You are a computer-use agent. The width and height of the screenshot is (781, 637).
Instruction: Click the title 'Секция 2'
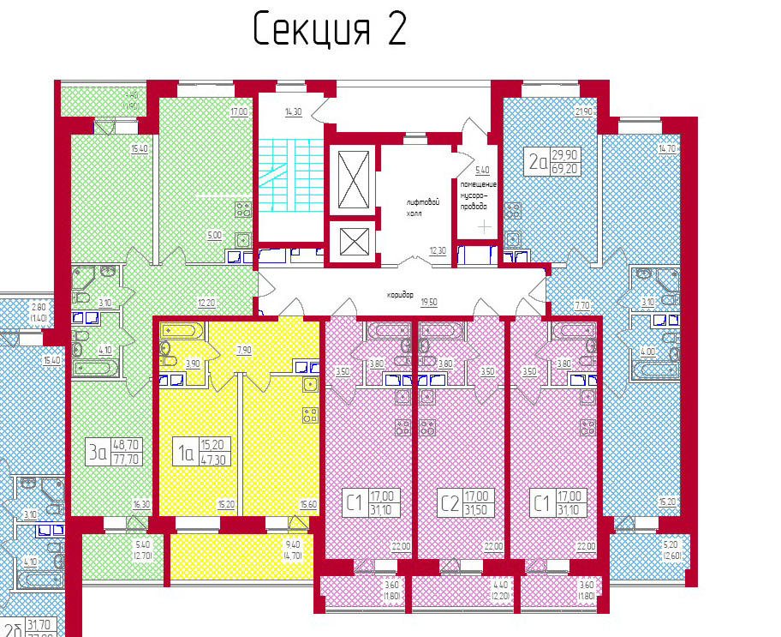pos(329,30)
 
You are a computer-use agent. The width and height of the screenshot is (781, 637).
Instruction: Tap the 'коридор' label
pos(397,294)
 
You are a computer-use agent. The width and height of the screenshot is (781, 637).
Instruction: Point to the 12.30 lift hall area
pos(438,250)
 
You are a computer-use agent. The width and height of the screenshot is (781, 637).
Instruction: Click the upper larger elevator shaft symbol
pos(353,177)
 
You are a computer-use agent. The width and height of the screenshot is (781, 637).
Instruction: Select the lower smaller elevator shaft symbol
pos(353,240)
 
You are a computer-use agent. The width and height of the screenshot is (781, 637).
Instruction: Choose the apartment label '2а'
pos(537,159)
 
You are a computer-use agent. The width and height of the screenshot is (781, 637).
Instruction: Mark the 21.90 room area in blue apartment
pos(585,111)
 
